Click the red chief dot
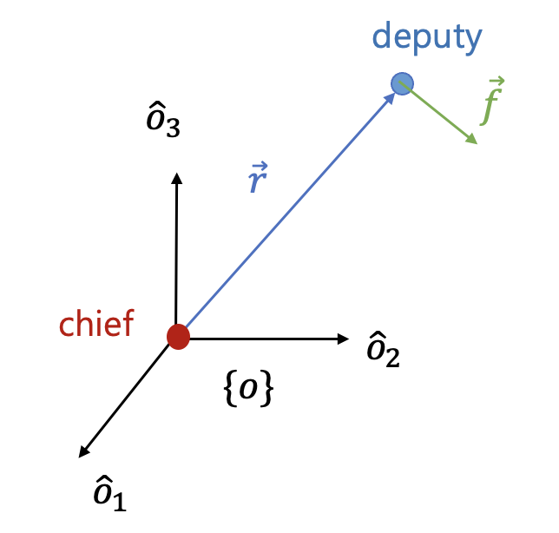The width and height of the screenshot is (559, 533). pyautogui.click(x=178, y=336)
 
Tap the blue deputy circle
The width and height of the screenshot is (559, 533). pyautogui.click(x=402, y=83)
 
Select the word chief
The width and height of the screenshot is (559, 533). pyautogui.click(x=96, y=324)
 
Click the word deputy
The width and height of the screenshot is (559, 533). pyautogui.click(x=426, y=37)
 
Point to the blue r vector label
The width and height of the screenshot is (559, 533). pyautogui.click(x=258, y=180)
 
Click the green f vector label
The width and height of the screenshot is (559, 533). pyautogui.click(x=494, y=102)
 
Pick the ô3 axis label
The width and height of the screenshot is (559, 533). pyautogui.click(x=163, y=122)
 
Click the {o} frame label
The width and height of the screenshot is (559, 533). pyautogui.click(x=249, y=390)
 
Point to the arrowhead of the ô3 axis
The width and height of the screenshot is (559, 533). pyautogui.click(x=176, y=177)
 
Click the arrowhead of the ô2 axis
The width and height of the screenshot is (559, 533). pyautogui.click(x=343, y=339)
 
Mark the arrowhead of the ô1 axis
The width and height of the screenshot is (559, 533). pyautogui.click(x=83, y=451)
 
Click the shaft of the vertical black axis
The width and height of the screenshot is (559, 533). pyautogui.click(x=176, y=252)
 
